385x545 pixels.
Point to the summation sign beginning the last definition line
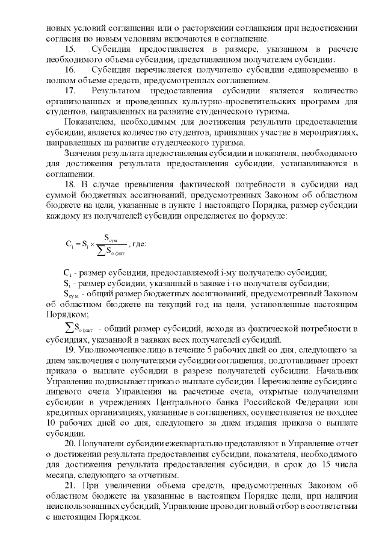67,328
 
